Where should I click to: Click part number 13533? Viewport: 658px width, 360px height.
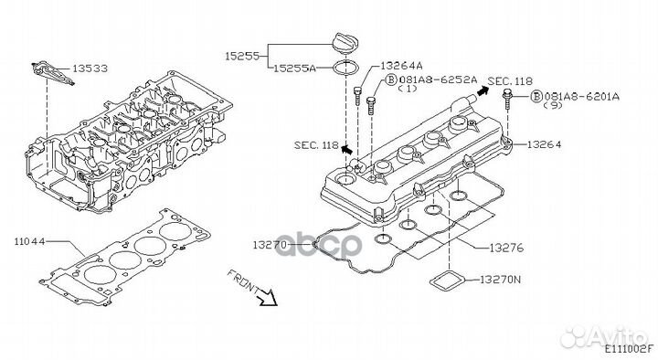pyautogui.click(x=90, y=68)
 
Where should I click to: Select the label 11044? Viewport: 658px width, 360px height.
pyautogui.click(x=29, y=242)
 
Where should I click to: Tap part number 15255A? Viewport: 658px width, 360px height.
pyautogui.click(x=294, y=68)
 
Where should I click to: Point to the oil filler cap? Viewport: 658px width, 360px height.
pyautogui.click(x=345, y=42)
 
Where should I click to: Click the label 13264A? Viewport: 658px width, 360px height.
pyautogui.click(x=401, y=66)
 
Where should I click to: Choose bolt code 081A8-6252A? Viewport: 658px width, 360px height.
pyautogui.click(x=438, y=79)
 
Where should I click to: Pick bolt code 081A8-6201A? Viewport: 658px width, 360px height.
pyautogui.click(x=581, y=96)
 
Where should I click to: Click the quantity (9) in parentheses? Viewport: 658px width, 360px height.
pyautogui.click(x=553, y=106)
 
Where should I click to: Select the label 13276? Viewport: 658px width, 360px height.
pyautogui.click(x=506, y=248)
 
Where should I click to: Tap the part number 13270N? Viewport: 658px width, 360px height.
pyautogui.click(x=500, y=279)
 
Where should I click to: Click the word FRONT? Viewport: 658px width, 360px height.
pyautogui.click(x=243, y=281)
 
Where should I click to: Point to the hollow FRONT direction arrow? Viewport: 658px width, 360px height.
pyautogui.click(x=268, y=297)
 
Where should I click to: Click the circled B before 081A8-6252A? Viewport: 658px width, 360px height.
pyautogui.click(x=391, y=79)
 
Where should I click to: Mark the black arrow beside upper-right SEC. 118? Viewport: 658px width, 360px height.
pyautogui.click(x=483, y=90)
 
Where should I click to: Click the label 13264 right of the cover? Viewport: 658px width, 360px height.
pyautogui.click(x=544, y=144)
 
